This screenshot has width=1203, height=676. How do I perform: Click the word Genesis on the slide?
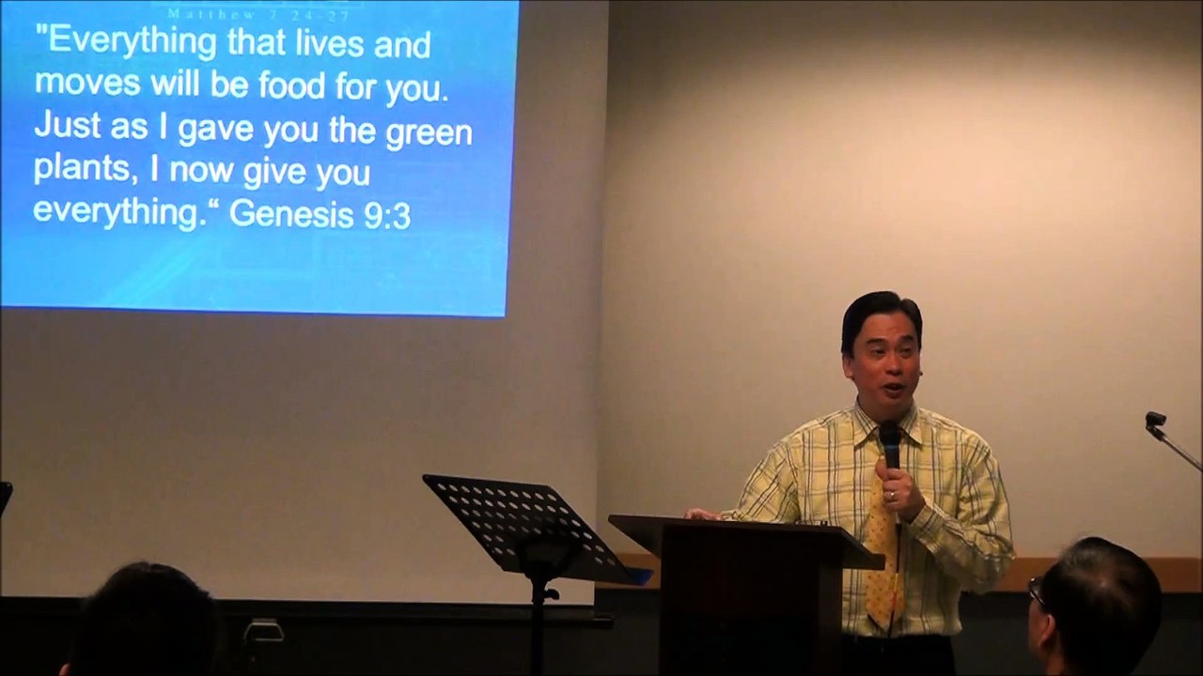[291, 214]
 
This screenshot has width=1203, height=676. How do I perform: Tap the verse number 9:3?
[386, 216]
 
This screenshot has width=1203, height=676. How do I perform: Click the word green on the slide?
[429, 132]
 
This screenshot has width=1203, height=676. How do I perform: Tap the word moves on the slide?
[86, 83]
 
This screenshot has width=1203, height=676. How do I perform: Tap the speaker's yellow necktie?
[883, 563]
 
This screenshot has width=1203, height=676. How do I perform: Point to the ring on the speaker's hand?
[892, 495]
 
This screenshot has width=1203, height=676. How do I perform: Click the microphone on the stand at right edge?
[1155, 420]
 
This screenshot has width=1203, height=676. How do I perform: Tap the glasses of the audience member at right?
[1035, 591]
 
